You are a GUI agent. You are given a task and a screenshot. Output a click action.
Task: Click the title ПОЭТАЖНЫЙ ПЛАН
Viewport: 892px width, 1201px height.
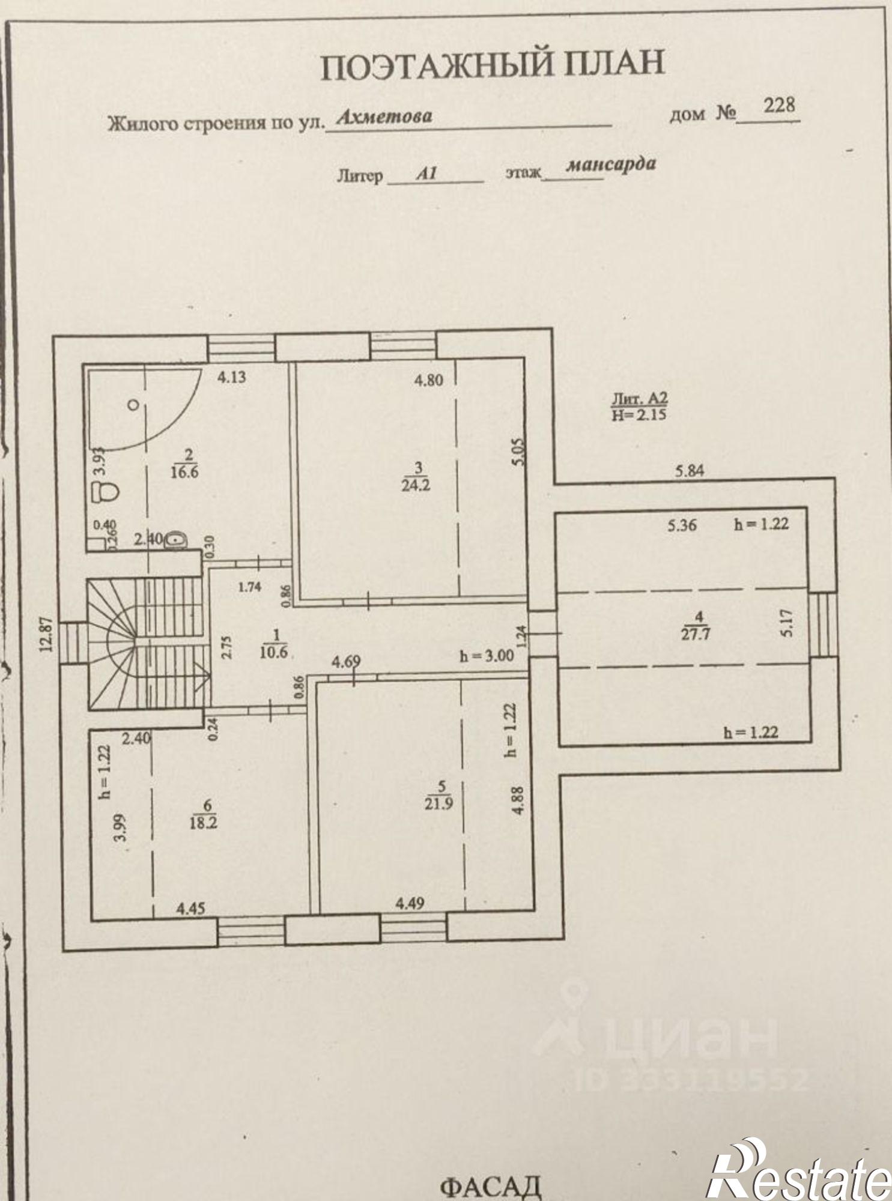pyautogui.click(x=493, y=65)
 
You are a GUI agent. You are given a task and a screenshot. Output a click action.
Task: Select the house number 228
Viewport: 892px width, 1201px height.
pyautogui.click(x=779, y=106)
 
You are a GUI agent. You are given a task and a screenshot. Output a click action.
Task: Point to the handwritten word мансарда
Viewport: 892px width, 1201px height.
pyautogui.click(x=610, y=165)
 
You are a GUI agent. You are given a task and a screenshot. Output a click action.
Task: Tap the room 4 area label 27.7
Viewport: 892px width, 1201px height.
pyautogui.click(x=695, y=633)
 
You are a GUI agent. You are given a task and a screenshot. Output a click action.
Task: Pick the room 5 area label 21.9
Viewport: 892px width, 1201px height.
pyautogui.click(x=438, y=803)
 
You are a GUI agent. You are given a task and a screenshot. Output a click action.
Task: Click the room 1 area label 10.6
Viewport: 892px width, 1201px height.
pyautogui.click(x=274, y=652)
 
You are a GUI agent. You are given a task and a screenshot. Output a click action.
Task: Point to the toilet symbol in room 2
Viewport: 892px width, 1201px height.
pyautogui.click(x=107, y=492)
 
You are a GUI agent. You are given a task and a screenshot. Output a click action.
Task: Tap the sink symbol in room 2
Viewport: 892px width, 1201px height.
pyautogui.click(x=174, y=540)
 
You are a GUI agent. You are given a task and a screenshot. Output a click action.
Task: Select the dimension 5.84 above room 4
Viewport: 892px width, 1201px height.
pyautogui.click(x=690, y=471)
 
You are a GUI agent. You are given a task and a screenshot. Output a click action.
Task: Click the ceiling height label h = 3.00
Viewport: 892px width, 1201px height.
pyautogui.click(x=487, y=656)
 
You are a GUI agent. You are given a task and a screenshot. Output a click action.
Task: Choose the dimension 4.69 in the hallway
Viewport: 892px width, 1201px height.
pyautogui.click(x=346, y=662)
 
